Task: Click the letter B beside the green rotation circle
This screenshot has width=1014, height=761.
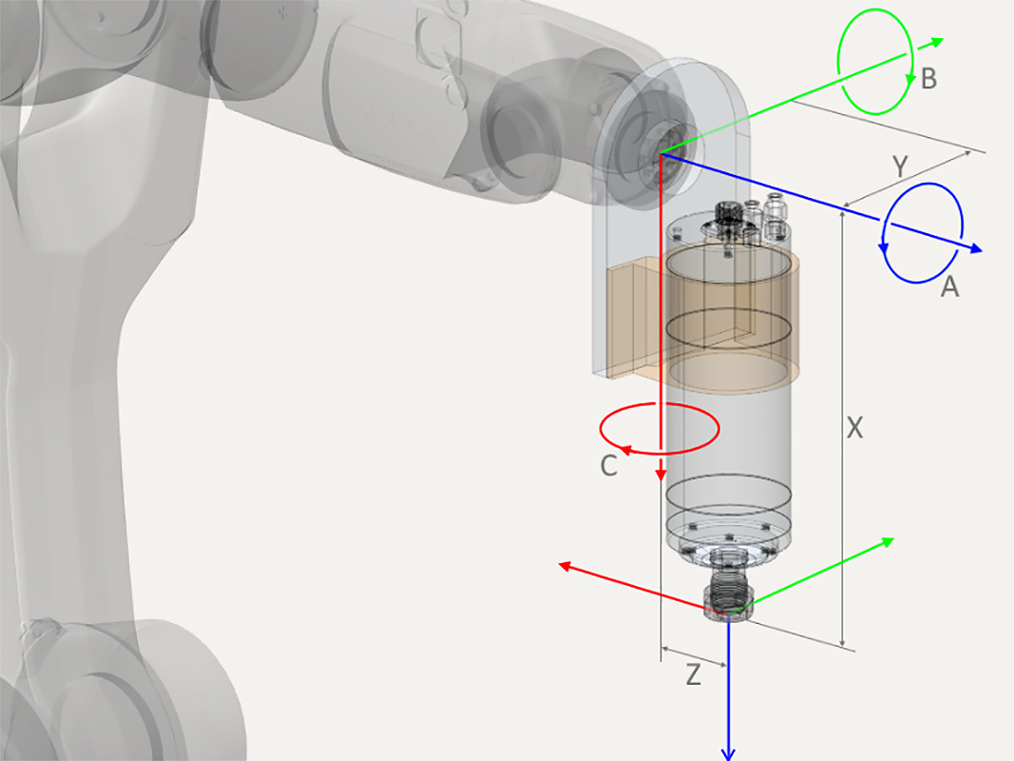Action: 928,78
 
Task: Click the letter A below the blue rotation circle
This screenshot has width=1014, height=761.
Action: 949,286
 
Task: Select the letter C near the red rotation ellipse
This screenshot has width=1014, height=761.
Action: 609,466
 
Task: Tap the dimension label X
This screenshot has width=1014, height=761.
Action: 854,429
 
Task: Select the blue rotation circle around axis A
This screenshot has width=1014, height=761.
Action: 961,233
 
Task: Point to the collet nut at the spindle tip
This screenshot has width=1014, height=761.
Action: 727,601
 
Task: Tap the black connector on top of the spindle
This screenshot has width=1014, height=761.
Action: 729,213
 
